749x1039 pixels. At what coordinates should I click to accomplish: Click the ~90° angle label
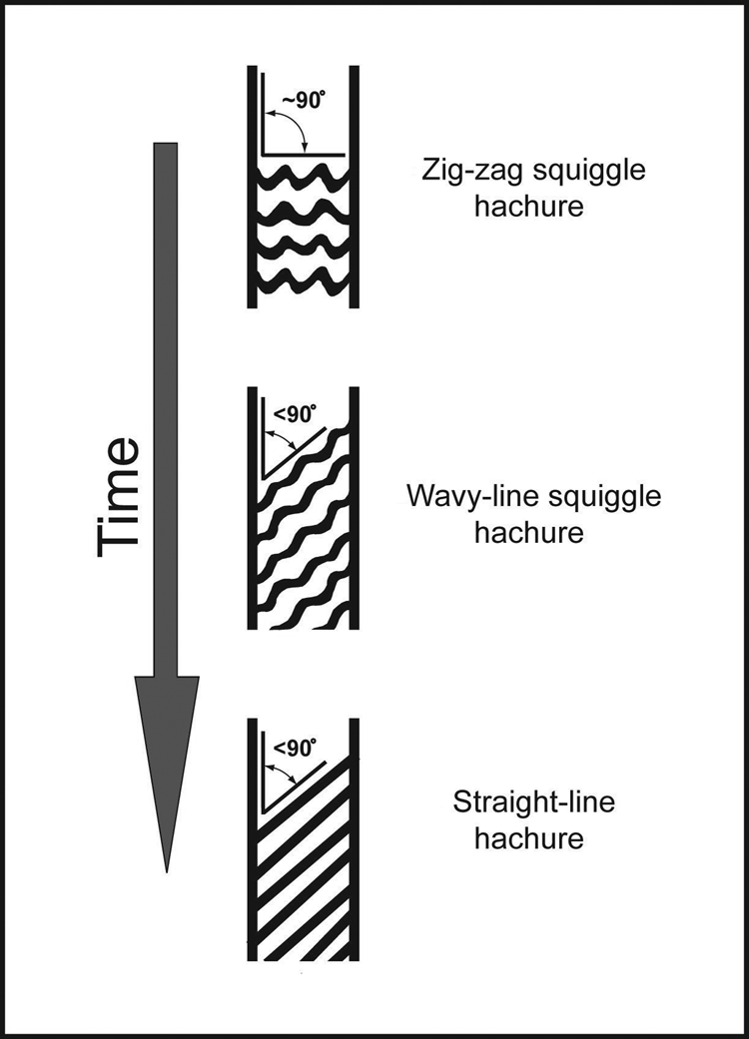point(303,100)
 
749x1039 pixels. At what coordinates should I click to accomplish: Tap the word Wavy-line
point(466,496)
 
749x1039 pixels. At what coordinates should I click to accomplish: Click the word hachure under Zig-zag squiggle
point(529,208)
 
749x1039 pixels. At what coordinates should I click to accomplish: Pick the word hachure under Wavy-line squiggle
point(529,532)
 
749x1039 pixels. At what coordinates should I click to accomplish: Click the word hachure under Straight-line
point(529,837)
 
